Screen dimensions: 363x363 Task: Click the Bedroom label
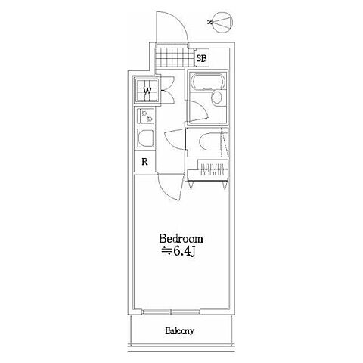(x=181, y=239)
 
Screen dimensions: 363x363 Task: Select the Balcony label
(x=180, y=330)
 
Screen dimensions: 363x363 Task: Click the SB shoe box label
(x=202, y=58)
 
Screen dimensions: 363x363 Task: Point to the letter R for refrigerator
(x=144, y=162)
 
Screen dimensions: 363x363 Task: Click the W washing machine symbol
(x=147, y=90)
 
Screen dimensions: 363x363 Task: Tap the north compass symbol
(x=221, y=22)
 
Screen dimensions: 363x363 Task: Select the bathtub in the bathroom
(x=208, y=81)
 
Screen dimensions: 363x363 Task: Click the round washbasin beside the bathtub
(x=216, y=98)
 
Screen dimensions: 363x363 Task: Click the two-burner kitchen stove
(x=146, y=116)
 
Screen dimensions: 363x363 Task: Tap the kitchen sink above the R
(x=145, y=138)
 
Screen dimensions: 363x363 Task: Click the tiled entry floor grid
(x=175, y=57)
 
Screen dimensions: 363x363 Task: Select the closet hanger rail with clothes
(x=213, y=169)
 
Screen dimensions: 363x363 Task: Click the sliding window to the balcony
(x=172, y=312)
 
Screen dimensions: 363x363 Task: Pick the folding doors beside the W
(x=169, y=90)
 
